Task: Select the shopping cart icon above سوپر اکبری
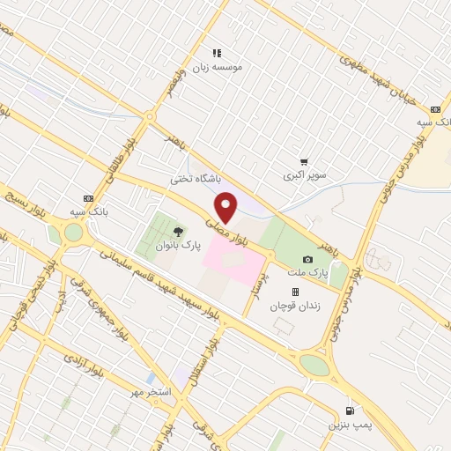(x=304, y=162)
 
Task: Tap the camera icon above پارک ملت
(x=307, y=259)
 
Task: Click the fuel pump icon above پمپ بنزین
(x=351, y=410)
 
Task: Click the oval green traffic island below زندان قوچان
(x=313, y=364)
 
